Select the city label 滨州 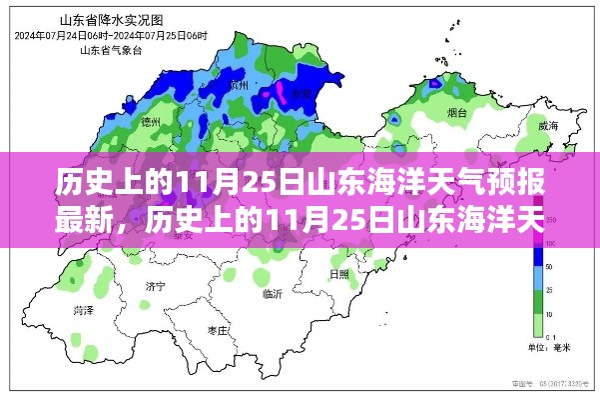pos(238,88)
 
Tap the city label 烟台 pos(458,114)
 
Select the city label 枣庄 pos(219,329)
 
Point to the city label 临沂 pos(273,294)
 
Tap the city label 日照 pos(339,273)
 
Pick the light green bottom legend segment pos(536,326)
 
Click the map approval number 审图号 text pos(555,382)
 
